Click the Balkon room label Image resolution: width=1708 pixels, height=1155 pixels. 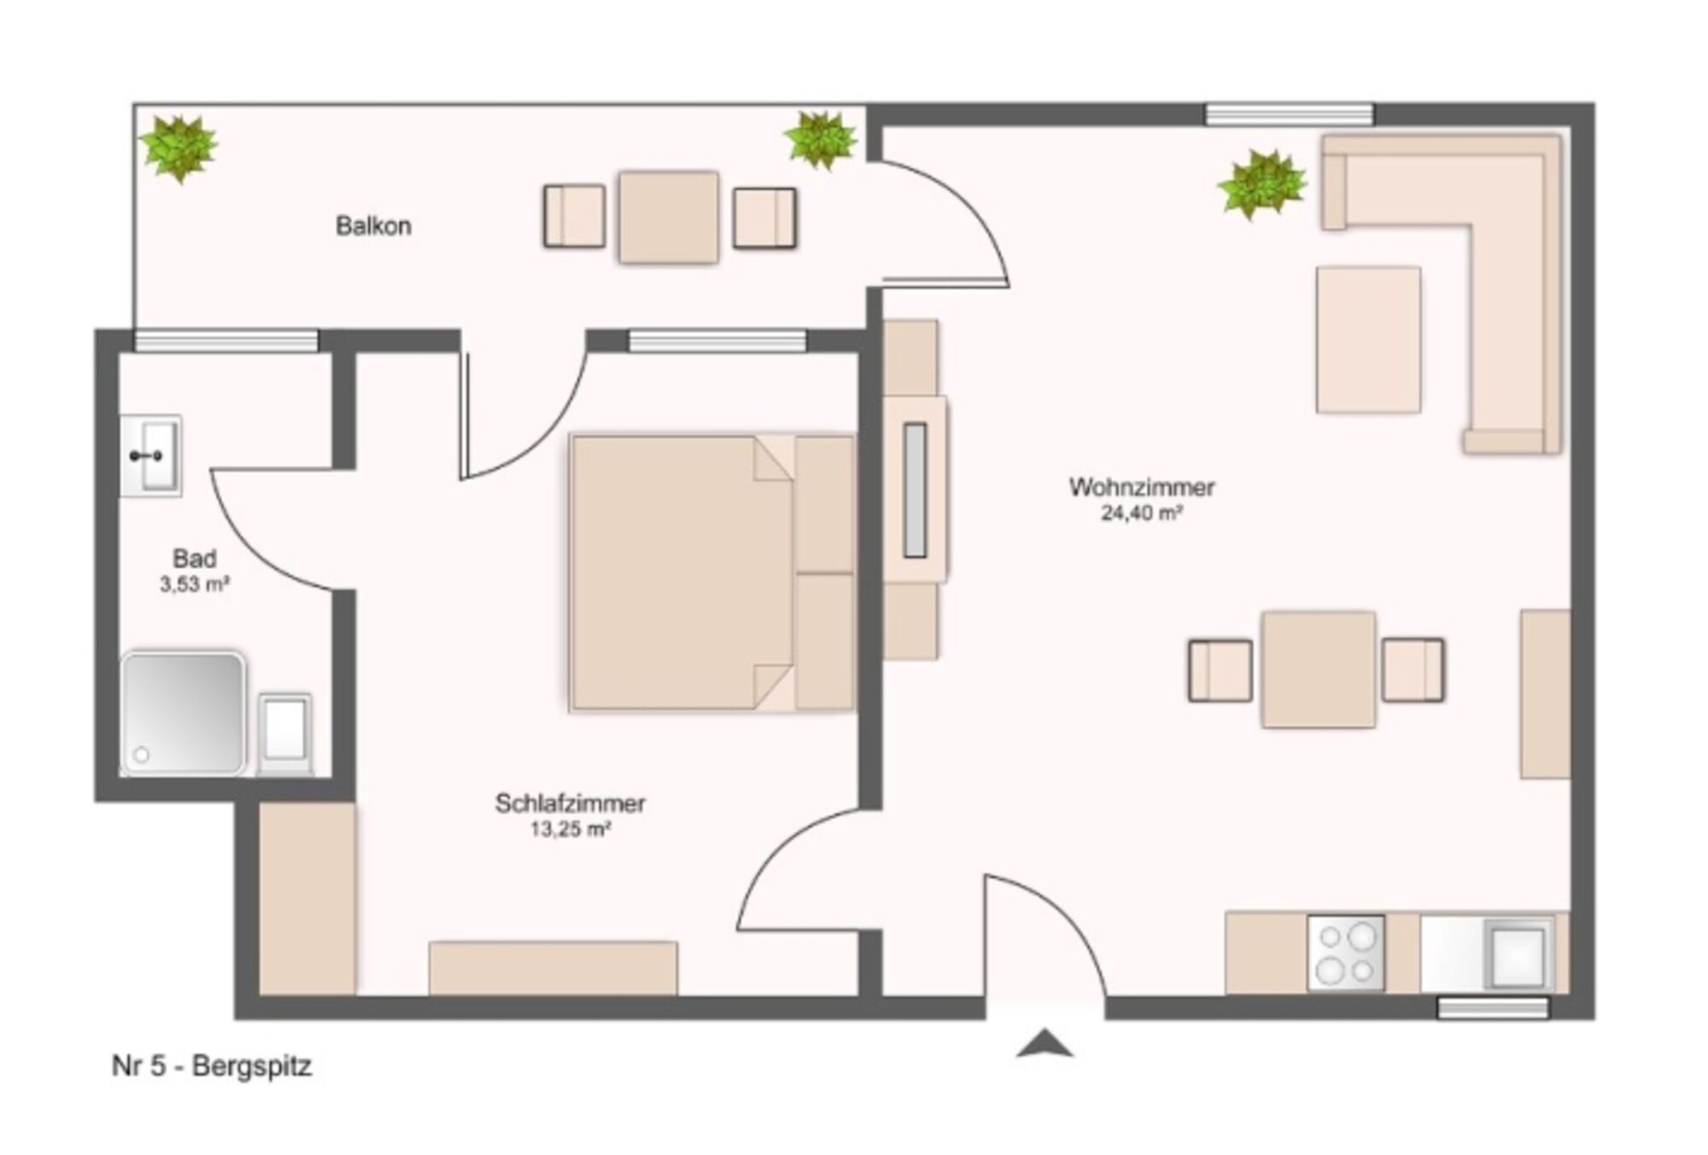point(373,226)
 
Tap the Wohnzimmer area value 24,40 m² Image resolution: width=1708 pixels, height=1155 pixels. point(1141,513)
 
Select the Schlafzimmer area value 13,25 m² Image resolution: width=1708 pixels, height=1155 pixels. point(570,829)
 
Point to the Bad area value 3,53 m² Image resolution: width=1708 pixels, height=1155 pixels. point(195,584)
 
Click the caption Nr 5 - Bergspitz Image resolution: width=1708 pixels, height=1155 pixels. point(212,1065)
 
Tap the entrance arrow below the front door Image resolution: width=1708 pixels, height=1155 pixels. point(1044,1043)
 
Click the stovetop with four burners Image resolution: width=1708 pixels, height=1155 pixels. point(1346,953)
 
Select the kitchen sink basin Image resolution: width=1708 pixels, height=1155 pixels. point(1518,954)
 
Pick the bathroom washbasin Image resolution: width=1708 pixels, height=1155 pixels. point(151,455)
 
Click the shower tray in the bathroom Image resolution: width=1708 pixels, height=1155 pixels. point(184,713)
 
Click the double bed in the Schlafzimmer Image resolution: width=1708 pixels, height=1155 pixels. point(712,573)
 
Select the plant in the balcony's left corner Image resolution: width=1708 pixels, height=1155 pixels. point(178,149)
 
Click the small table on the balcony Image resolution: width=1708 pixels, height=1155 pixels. point(669,217)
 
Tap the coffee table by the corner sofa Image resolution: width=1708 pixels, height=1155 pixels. point(1368,339)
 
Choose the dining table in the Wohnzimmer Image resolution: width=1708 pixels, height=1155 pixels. point(1319,670)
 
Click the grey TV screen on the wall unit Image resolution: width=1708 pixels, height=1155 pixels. point(915,490)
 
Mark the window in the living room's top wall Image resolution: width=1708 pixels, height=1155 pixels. point(1290,114)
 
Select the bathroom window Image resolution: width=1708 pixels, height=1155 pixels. point(226,341)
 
